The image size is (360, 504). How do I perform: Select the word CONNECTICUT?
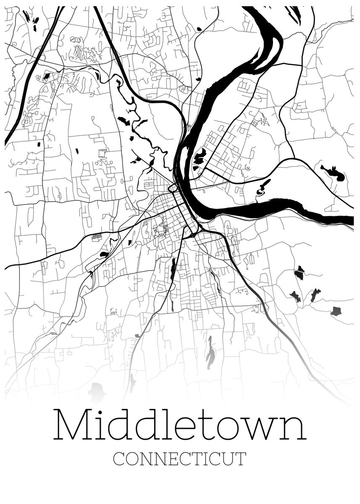(x=180, y=459)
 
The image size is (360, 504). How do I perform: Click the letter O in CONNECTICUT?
(x=132, y=459)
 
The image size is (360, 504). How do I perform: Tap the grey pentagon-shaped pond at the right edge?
(x=336, y=311)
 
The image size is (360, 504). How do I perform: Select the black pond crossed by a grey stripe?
(x=299, y=273)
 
